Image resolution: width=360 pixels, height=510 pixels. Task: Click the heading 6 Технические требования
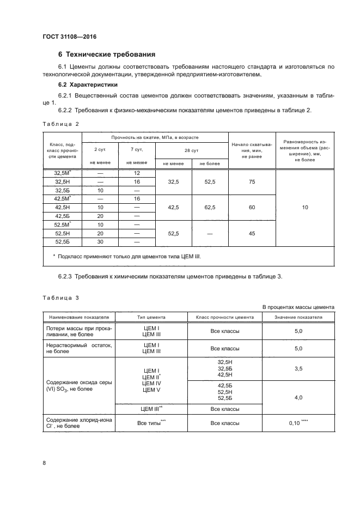click(x=107, y=54)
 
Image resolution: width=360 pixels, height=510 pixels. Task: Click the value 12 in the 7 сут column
click(x=137, y=173)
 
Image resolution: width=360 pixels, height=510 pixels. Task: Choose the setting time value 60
click(x=252, y=208)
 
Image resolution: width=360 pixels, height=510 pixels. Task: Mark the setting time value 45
click(x=252, y=233)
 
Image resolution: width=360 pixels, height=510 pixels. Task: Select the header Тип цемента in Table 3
click(x=151, y=317)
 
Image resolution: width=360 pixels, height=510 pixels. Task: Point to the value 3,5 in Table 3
click(x=298, y=369)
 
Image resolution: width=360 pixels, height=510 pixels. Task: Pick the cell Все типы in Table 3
click(x=150, y=423)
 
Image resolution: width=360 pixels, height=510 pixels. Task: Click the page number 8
click(x=44, y=463)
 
